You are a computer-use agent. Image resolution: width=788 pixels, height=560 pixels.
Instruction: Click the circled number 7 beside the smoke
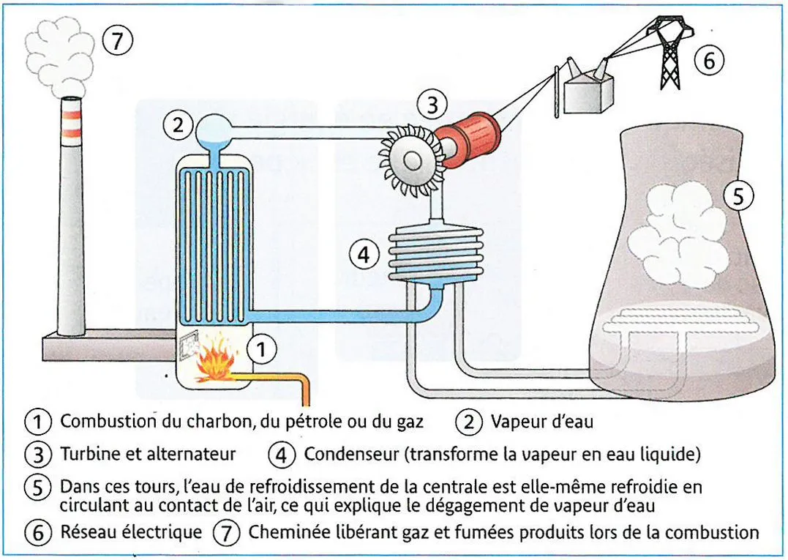coord(118,41)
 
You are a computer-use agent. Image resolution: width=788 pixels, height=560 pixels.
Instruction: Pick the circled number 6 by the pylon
coord(709,61)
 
